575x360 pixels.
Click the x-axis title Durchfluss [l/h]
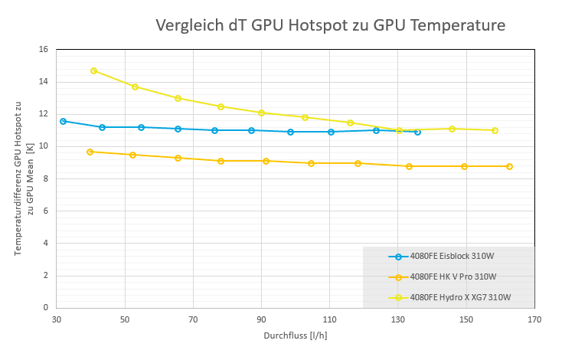click(x=295, y=335)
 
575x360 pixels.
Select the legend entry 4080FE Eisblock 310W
click(x=452, y=257)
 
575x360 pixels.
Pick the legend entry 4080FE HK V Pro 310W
click(x=452, y=277)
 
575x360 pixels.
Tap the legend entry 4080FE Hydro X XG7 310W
click(x=460, y=297)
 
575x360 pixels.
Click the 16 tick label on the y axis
click(x=43, y=50)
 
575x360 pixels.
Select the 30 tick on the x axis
click(x=56, y=319)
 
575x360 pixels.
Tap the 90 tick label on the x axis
click(x=261, y=319)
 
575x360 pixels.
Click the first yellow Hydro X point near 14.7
click(x=94, y=70)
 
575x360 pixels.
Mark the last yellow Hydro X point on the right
click(x=495, y=130)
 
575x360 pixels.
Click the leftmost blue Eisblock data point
click(x=63, y=121)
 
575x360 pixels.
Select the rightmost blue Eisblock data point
click(x=417, y=132)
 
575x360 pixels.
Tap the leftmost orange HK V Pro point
click(x=90, y=152)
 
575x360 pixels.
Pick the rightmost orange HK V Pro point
click(x=509, y=166)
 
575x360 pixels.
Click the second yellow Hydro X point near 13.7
click(x=135, y=87)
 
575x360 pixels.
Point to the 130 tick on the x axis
click(x=397, y=319)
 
